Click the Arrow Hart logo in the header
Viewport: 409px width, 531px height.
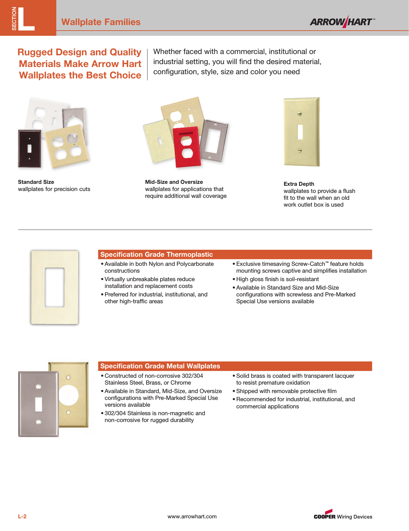point(342,22)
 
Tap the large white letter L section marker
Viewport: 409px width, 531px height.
point(26,19)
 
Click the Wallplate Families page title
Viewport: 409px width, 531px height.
point(101,22)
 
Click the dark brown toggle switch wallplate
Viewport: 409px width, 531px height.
point(30,149)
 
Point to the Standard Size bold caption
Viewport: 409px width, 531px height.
point(36,182)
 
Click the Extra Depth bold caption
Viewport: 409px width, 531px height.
point(299,184)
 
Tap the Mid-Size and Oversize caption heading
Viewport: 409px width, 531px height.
point(174,182)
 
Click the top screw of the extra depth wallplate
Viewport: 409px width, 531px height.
point(300,114)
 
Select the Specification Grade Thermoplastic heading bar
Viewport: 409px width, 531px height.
point(235,254)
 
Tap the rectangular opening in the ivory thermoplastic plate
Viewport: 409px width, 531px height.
point(54,287)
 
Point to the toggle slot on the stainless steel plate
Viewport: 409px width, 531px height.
point(39,404)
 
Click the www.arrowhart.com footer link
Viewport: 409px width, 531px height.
point(192,516)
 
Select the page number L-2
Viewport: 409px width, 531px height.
point(22,516)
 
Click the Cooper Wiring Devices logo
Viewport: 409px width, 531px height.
point(343,515)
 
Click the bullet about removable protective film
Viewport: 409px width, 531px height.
point(286,391)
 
